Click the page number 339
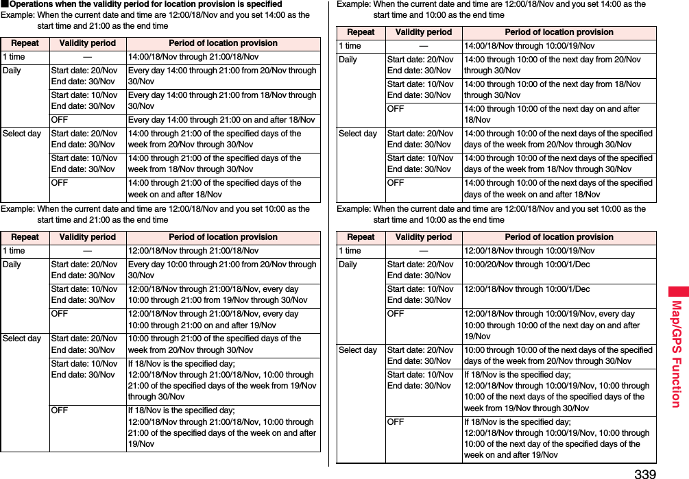pyautogui.click(x=644, y=473)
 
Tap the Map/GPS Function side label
pyautogui.click(x=676, y=353)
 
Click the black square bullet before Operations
pyautogui.click(x=3, y=4)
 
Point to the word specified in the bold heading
pyautogui.click(x=263, y=4)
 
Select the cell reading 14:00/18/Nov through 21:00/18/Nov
pyautogui.click(x=193, y=57)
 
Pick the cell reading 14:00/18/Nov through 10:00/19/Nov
pyautogui.click(x=529, y=46)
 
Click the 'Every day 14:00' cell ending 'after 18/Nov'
pyautogui.click(x=221, y=120)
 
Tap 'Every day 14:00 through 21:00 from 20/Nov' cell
pyautogui.click(x=221, y=76)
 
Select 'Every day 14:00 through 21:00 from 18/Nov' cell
pyautogui.click(x=221, y=101)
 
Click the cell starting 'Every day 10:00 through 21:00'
pyautogui.click(x=221, y=270)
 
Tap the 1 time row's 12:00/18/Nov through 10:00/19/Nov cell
pyautogui.click(x=529, y=251)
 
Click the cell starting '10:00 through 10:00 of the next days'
pyautogui.click(x=558, y=356)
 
